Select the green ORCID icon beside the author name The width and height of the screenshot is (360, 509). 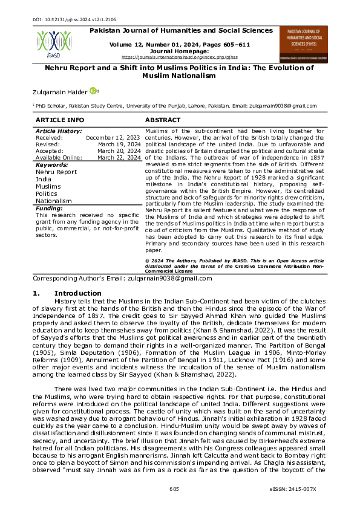93,91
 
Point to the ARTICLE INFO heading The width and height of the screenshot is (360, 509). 60,120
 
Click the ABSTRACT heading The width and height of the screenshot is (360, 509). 163,120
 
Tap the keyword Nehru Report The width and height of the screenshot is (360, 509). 56,172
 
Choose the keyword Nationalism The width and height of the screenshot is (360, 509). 54,200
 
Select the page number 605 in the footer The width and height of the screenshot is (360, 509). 174,488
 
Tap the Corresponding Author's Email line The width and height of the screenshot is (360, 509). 122,279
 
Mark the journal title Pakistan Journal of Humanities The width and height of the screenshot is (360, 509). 180,29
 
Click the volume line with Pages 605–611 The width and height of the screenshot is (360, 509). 180,45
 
